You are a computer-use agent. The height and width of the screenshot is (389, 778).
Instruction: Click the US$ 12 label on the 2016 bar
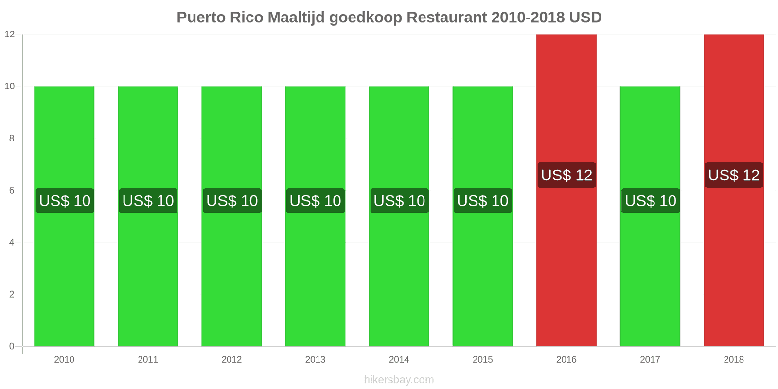[566, 175]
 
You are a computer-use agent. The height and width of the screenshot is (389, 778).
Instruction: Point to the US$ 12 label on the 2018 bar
[734, 175]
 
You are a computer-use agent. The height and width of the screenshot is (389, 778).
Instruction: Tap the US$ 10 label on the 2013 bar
[315, 201]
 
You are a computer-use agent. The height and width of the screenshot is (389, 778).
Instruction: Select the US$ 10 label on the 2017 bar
[650, 201]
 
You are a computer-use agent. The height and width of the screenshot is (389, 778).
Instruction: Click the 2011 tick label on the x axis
[148, 360]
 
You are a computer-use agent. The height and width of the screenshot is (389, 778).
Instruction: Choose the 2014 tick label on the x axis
[399, 360]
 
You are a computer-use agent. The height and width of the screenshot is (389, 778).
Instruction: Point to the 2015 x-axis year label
[482, 360]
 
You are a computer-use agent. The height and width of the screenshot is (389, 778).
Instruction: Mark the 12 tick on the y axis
[10, 35]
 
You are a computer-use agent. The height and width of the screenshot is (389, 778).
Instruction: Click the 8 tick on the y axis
[12, 139]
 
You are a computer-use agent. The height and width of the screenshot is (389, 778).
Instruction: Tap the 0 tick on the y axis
[12, 347]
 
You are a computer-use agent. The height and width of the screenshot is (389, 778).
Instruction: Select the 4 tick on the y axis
[12, 243]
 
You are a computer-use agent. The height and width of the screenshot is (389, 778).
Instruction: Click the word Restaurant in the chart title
[446, 18]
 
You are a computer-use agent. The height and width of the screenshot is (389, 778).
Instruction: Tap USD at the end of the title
[585, 18]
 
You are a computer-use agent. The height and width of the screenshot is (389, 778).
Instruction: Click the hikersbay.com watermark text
[399, 380]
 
